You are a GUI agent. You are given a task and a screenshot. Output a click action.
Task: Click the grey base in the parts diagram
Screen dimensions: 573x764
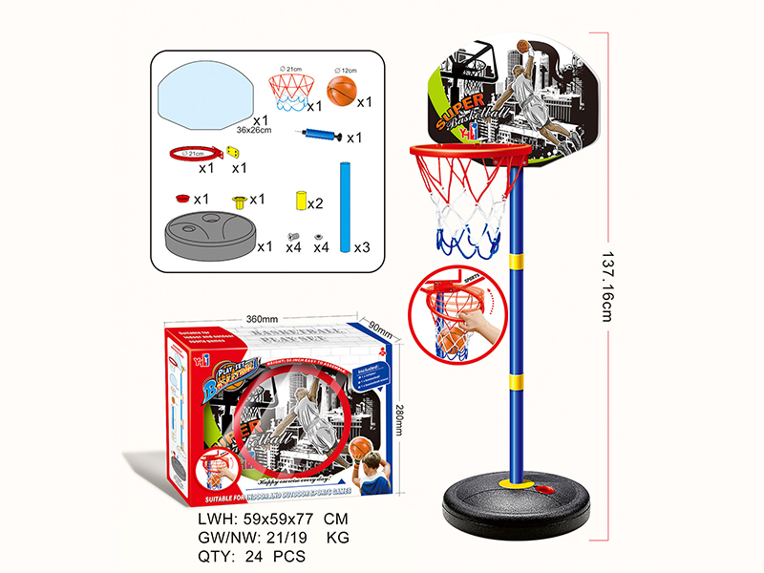click(209, 233)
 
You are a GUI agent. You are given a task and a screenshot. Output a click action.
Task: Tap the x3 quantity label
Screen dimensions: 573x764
click(361, 247)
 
